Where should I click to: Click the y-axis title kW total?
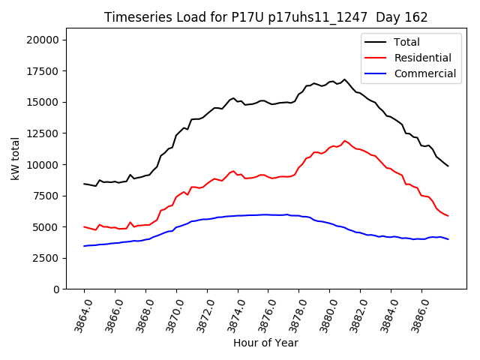pos(15,159)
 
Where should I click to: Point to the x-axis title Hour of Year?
pos(265,343)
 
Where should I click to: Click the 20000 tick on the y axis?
pos(46,40)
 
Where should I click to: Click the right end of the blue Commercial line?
pos(448,239)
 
